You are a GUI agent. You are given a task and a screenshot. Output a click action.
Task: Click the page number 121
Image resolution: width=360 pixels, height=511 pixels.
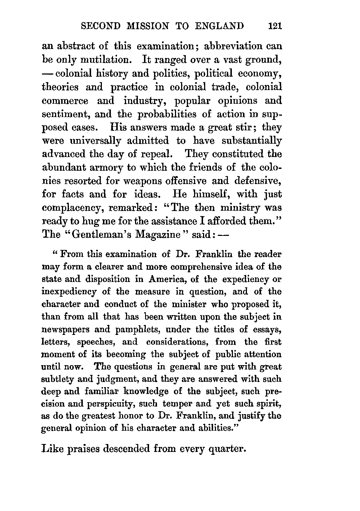pyautogui.click(x=274, y=26)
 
